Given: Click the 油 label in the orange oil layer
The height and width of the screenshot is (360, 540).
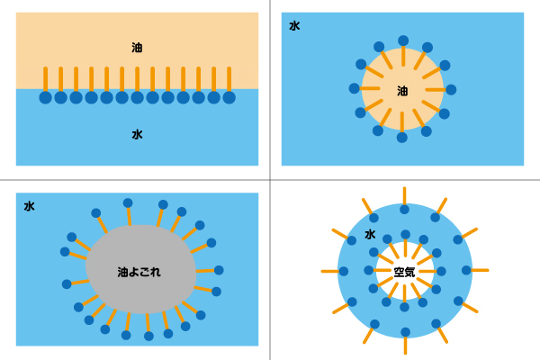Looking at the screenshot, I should point(137,47).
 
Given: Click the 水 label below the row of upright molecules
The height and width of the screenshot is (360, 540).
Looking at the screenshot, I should point(137,134).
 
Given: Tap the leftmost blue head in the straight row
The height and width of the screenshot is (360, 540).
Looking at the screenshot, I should point(45,97).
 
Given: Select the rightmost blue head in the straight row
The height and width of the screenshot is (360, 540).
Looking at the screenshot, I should point(229,97).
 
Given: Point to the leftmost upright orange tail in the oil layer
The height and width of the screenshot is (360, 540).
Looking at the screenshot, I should point(45,78).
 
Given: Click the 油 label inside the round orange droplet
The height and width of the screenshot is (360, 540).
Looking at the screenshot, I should point(402,91).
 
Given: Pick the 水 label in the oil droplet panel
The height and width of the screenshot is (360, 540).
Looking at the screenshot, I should point(294,26).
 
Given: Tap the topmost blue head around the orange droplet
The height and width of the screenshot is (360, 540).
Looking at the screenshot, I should point(402,40).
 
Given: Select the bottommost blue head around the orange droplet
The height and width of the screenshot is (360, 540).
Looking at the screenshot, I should point(401,138).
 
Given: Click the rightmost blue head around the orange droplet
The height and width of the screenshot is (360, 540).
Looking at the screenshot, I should point(451,89).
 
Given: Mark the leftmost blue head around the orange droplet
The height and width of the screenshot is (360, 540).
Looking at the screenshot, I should point(354,88).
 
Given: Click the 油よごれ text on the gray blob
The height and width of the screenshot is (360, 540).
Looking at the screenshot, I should point(139,271).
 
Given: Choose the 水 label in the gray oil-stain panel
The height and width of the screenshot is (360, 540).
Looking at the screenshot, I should point(30,206).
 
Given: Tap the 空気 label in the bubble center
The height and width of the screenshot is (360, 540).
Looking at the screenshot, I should point(404,271).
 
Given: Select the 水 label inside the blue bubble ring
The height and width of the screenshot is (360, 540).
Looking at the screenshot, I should point(370,235).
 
